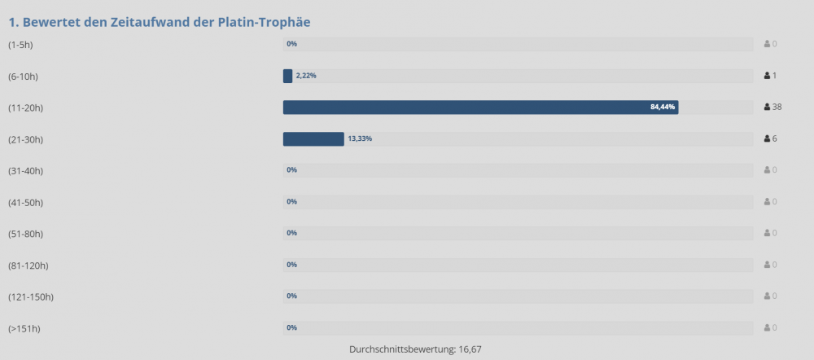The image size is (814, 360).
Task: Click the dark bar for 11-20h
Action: (480, 107)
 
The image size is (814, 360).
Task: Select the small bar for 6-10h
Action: (287, 76)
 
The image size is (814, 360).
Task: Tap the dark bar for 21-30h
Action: (313, 138)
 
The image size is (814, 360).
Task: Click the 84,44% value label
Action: (663, 107)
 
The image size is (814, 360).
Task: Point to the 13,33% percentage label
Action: (360, 138)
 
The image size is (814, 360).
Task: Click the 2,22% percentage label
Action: (306, 76)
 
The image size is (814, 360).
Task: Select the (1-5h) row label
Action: (20, 44)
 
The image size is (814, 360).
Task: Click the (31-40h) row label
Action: (25, 170)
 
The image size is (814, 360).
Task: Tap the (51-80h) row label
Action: (25, 234)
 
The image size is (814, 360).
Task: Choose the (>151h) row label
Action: (24, 328)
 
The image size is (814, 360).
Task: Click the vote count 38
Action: (777, 107)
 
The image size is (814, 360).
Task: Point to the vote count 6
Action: (775, 138)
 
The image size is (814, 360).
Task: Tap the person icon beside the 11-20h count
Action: (767, 107)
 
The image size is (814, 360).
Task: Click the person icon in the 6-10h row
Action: (767, 76)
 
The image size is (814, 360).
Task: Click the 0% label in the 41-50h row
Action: (291, 202)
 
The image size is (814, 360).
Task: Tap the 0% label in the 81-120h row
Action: (291, 265)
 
